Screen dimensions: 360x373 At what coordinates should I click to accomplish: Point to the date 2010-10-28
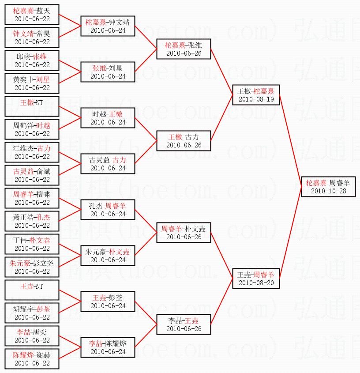[329, 191]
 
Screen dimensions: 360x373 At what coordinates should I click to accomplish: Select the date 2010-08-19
[256, 99]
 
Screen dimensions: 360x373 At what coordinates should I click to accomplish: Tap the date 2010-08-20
[256, 283]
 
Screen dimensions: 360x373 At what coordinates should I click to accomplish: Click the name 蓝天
[43, 11]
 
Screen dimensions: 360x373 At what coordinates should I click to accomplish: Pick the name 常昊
[43, 34]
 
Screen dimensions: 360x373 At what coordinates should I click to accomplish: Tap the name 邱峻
[23, 57]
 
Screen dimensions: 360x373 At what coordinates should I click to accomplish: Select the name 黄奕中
[23, 80]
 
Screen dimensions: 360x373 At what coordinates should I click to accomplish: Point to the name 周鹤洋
[23, 126]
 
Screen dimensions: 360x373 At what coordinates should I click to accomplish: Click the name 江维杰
[23, 148]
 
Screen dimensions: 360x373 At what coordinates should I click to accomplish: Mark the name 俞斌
[43, 172]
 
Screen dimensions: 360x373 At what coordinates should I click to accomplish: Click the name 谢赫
[43, 355]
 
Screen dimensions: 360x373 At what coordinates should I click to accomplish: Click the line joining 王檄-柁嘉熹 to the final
[291, 141]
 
